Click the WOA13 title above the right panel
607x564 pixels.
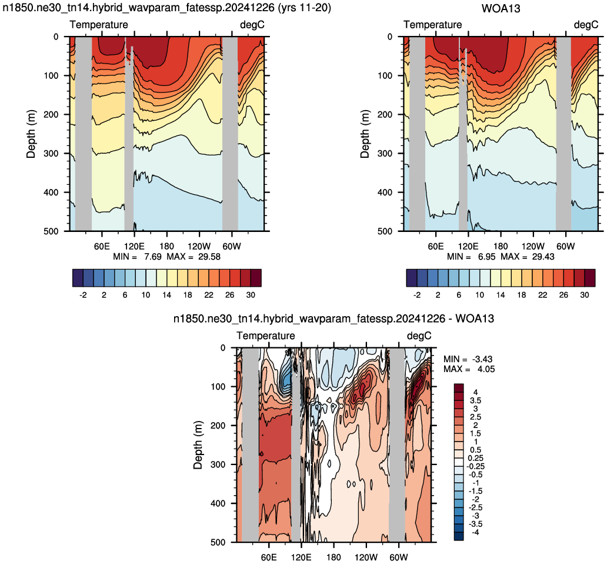point(501,8)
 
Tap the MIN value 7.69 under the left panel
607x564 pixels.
point(152,257)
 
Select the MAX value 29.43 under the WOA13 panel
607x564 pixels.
point(543,257)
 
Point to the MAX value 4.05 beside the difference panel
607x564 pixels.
point(485,369)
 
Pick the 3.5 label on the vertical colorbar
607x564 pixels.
point(475,400)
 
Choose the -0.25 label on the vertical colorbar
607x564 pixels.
point(475,466)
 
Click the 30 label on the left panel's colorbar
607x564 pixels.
point(251,295)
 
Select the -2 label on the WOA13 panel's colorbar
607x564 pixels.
point(417,295)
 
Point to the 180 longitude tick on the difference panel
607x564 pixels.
point(333,558)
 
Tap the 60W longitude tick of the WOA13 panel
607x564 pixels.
point(566,246)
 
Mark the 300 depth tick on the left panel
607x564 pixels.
point(51,154)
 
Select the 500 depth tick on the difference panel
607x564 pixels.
point(218,542)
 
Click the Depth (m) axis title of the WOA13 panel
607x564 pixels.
point(365,134)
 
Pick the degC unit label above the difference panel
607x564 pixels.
point(419,336)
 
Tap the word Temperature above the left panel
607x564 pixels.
point(99,25)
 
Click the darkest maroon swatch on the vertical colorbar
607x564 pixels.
point(459,388)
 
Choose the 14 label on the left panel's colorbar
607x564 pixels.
point(167,295)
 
